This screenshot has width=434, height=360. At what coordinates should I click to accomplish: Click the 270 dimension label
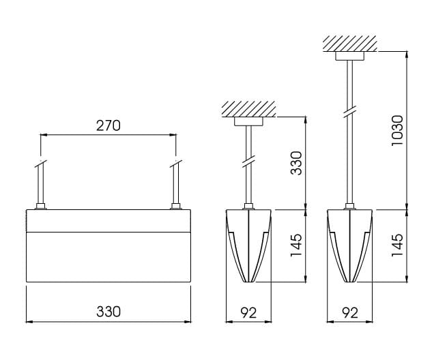108,125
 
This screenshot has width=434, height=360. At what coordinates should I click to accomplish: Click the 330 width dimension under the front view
108,312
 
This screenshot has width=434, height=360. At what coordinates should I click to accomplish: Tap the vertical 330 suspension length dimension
296,163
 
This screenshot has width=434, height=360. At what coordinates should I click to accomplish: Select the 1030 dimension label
398,130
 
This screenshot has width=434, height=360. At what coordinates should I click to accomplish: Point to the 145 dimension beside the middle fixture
296,245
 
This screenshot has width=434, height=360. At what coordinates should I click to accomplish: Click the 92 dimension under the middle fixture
248,313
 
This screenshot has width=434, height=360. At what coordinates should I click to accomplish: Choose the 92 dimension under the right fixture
349,313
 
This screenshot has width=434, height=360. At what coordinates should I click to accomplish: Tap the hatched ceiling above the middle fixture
248,109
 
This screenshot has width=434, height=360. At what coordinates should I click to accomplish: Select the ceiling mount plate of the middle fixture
248,121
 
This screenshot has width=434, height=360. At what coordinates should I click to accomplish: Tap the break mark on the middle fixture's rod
248,164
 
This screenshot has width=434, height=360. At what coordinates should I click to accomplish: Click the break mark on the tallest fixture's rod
350,111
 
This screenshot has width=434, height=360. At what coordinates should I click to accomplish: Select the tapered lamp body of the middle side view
248,245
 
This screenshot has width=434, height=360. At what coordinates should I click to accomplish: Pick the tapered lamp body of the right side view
350,245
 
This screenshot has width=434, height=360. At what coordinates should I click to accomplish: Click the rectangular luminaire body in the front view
108,245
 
